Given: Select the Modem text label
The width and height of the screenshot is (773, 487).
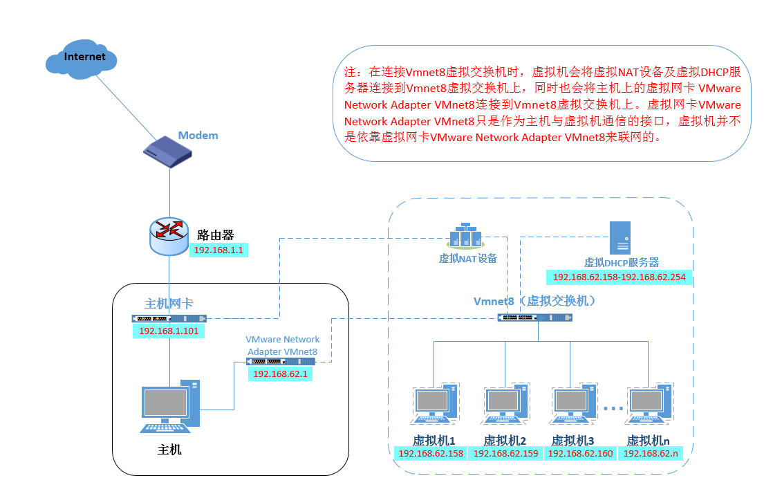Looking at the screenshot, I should (x=198, y=136).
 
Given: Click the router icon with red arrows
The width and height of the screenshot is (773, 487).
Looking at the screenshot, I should (x=169, y=235).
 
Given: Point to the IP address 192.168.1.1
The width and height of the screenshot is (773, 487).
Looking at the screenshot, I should (x=218, y=250).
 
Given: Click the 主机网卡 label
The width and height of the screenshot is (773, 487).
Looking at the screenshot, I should (x=169, y=303).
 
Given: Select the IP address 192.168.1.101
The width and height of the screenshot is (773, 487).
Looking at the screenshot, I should (x=169, y=331).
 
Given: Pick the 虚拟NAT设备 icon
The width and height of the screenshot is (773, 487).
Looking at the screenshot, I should (x=468, y=237).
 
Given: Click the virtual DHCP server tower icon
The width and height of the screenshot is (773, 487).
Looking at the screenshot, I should (x=619, y=238).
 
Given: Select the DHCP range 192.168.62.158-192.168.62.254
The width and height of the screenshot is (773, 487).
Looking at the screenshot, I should (x=620, y=278).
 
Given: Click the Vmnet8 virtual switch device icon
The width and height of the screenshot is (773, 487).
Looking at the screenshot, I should (x=535, y=318).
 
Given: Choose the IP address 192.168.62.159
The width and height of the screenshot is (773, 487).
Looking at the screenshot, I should (x=505, y=454).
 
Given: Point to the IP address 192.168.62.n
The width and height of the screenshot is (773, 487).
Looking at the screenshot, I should (x=650, y=454).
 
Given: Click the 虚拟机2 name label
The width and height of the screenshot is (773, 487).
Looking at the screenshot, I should (x=505, y=440).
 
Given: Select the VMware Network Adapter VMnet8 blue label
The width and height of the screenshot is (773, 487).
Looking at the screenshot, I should (x=283, y=346).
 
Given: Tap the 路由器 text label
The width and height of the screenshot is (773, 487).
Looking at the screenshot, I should (x=215, y=234).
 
